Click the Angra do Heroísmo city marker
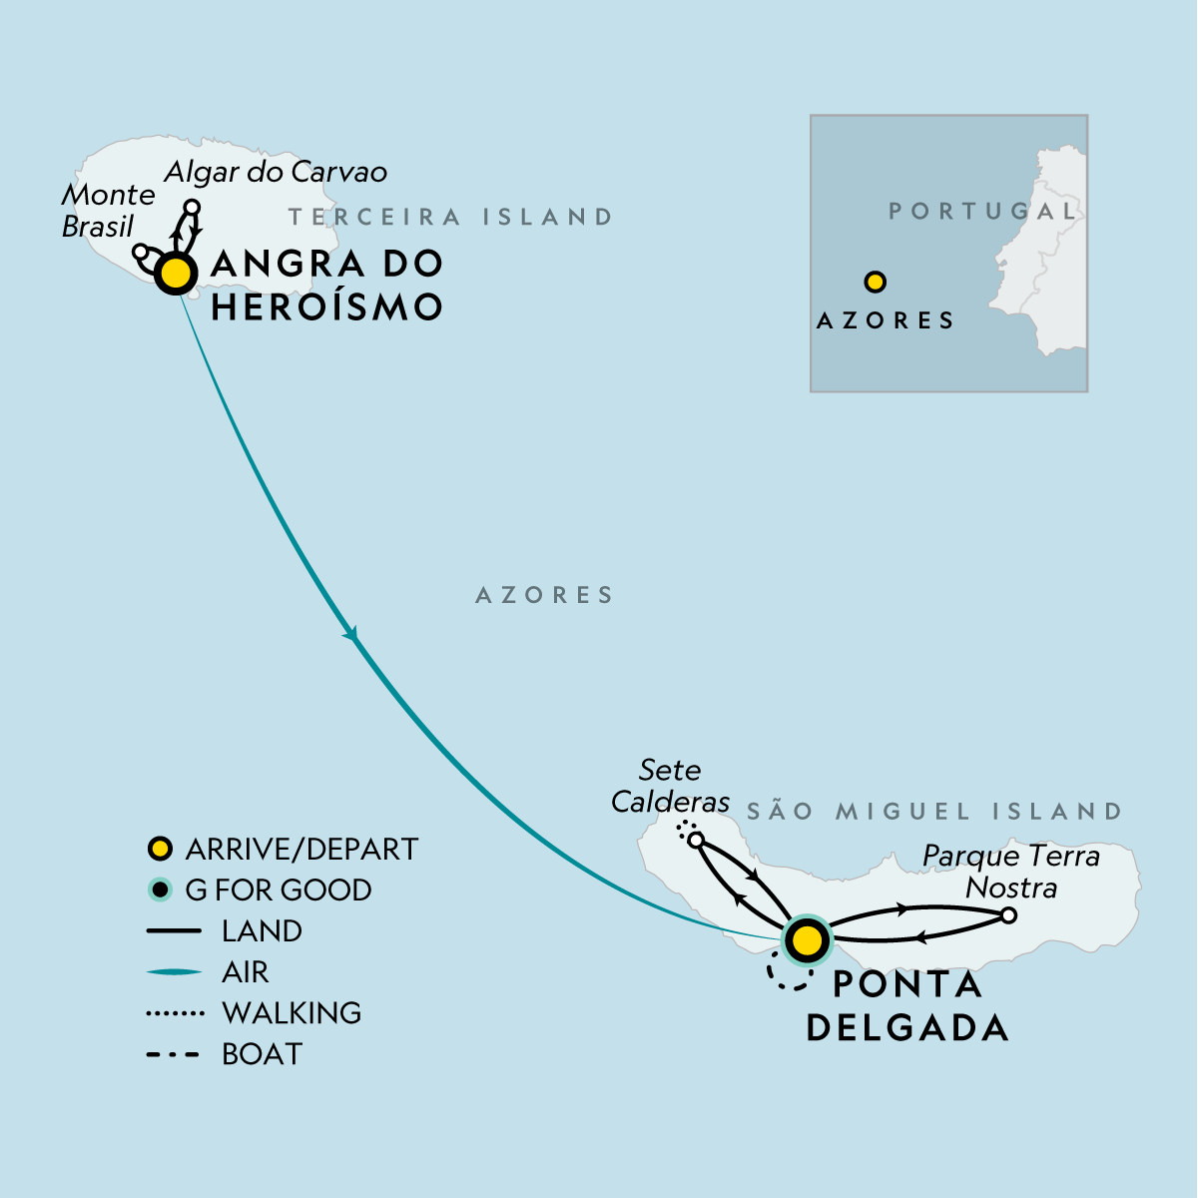[x=176, y=273]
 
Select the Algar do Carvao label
[x=276, y=172]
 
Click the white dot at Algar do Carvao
[x=193, y=207]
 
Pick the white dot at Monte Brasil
[x=142, y=251]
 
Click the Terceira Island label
[x=450, y=217]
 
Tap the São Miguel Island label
[x=934, y=811]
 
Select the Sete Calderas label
[x=670, y=786]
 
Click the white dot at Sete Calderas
[x=696, y=840]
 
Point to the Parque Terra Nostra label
[x=1010, y=872]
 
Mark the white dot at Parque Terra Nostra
[x=1008, y=915]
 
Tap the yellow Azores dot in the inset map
[x=876, y=283]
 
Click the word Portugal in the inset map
[x=983, y=212]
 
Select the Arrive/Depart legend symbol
[x=159, y=850]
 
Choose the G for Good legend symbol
[x=159, y=891]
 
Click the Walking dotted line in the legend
[x=176, y=1013]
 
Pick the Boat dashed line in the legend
[x=176, y=1054]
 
